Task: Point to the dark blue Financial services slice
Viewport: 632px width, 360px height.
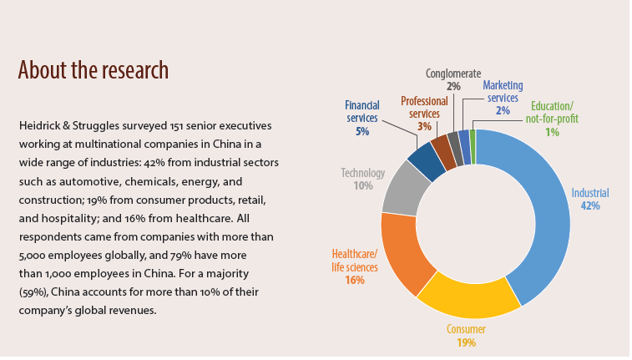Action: coord(427,162)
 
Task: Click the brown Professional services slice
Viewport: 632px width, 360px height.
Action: coord(443,150)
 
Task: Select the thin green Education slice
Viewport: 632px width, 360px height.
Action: coord(473,135)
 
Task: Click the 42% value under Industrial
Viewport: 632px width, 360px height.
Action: coord(590,205)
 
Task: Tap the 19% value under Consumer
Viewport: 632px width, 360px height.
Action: coord(466,342)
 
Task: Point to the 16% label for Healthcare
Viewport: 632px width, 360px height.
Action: coord(354,280)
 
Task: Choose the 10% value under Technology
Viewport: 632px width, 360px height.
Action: coord(362,185)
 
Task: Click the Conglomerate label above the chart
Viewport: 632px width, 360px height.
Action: coord(453,74)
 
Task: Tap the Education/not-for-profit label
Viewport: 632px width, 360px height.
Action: coord(552,113)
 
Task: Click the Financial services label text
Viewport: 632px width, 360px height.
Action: coord(362,112)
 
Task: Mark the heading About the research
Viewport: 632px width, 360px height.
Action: coord(93,69)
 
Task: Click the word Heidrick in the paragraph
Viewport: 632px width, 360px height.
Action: coord(41,125)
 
